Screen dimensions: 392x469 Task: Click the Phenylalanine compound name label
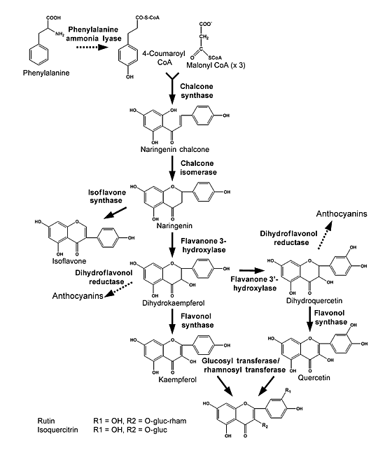coord(46,73)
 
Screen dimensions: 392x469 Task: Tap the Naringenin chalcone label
coord(175,149)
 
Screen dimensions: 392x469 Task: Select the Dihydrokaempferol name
coord(174,303)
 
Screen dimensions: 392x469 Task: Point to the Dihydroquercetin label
coord(314,300)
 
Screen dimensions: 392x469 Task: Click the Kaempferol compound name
coord(177,379)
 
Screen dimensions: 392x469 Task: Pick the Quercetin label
coord(314,377)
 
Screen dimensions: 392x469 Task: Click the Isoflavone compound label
coord(69,261)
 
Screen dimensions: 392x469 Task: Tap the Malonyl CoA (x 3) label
coord(216,65)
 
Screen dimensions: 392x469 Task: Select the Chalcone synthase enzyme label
coord(197,91)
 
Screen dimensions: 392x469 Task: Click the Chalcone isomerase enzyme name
coord(198,168)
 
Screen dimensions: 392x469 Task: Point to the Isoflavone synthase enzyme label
coord(106,196)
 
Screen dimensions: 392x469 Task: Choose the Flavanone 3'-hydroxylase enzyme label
coord(255,283)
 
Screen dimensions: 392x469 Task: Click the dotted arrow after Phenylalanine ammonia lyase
coord(92,48)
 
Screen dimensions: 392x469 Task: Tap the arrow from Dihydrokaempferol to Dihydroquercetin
coord(252,270)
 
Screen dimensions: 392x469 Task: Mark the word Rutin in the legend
coord(46,421)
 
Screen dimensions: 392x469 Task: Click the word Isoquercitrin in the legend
coord(57,430)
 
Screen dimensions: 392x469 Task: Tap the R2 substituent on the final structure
coord(265,426)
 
